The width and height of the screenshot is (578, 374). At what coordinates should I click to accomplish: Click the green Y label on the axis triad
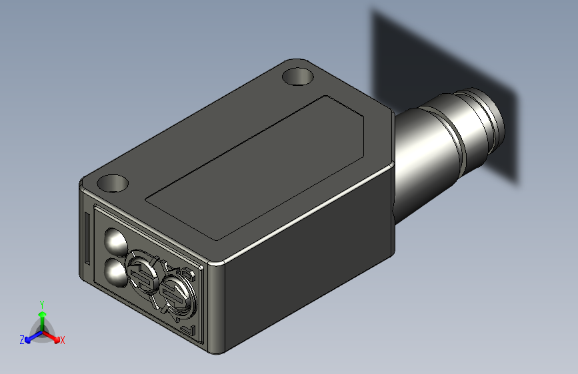[42, 304]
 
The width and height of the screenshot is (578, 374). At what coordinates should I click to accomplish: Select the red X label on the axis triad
[62, 340]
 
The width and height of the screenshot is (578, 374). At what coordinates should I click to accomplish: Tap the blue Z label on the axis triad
[22, 339]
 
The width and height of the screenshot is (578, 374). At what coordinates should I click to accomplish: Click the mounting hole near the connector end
[297, 76]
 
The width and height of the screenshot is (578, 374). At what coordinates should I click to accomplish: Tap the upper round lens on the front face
[115, 240]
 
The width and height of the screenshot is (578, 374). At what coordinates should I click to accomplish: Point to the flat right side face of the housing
[307, 273]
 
